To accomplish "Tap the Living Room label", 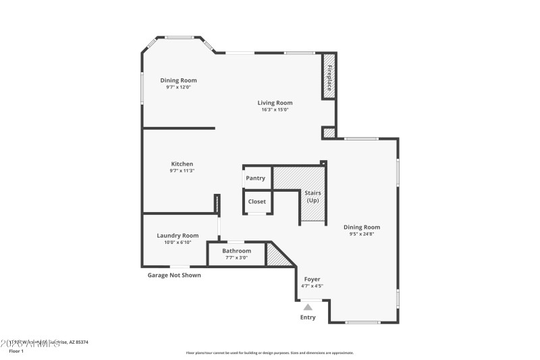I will coord(275,103).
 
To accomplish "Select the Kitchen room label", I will coord(182,164).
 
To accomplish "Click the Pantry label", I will coord(255,178).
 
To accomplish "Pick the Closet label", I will coord(257,201).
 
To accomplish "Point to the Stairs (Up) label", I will coord(313,197).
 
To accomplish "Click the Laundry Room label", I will coord(178,236).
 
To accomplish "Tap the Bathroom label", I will coord(236,251).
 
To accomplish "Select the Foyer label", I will coord(312,279).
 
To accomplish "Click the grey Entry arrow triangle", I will coord(308,307).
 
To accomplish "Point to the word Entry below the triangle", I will coord(308,317).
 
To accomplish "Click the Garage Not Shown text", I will coord(174,275).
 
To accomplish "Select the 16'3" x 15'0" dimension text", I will coord(275,109).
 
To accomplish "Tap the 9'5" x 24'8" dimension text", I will coord(362,234).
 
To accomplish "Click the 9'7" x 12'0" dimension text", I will coord(179,87).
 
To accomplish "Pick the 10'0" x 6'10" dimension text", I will coord(178,242).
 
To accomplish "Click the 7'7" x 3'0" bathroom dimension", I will coord(236,257).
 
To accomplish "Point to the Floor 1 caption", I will coord(16,351).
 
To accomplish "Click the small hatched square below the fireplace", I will coord(329,133).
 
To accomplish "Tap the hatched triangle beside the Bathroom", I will coord(275,255).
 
